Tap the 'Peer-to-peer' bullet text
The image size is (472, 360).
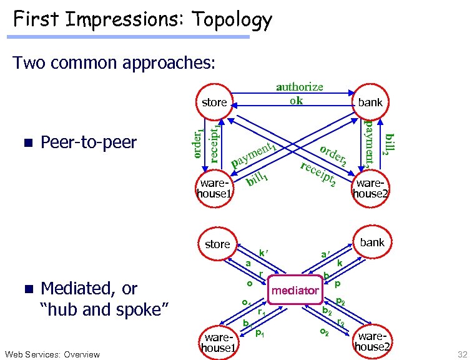[x=88, y=142]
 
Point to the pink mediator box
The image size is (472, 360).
[x=294, y=291]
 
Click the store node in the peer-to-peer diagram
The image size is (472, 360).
[x=214, y=102]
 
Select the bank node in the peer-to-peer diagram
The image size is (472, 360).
[x=370, y=102]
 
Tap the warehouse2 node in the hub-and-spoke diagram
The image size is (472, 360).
[x=373, y=341]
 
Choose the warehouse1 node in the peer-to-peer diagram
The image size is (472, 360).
[x=214, y=188]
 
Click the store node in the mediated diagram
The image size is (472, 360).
[x=217, y=244]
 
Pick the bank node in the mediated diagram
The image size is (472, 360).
[x=372, y=242]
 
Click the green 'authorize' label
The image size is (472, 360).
[x=300, y=87]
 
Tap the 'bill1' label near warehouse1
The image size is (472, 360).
[x=257, y=181]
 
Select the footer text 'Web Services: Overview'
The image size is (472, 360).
[x=51, y=354]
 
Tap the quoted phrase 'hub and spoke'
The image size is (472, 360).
[x=106, y=309]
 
